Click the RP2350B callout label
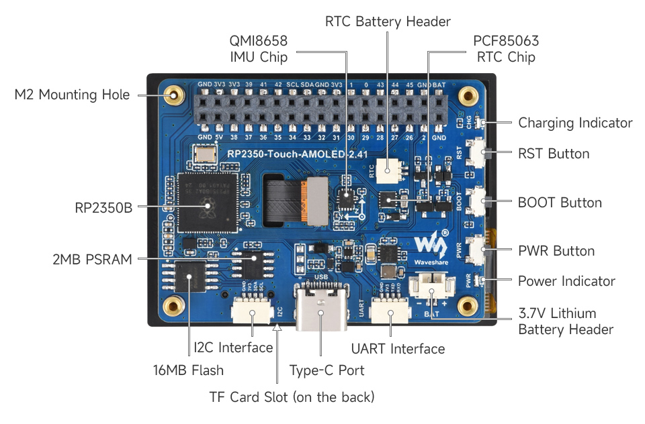point(103,208)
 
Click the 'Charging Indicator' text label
point(575,123)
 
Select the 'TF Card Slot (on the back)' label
point(292,396)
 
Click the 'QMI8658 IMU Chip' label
point(259,49)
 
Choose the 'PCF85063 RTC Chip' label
point(506,49)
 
